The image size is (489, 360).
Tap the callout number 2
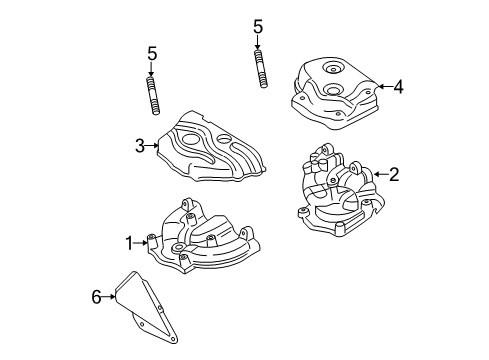click(394, 175)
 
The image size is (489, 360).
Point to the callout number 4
click(398, 87)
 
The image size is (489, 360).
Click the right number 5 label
click(258, 27)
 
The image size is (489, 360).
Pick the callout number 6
click(96, 297)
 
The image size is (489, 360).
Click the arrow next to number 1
click(142, 241)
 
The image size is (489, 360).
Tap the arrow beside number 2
click(378, 175)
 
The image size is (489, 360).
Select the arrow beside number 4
click(383, 87)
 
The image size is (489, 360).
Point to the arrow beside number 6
click(109, 297)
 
